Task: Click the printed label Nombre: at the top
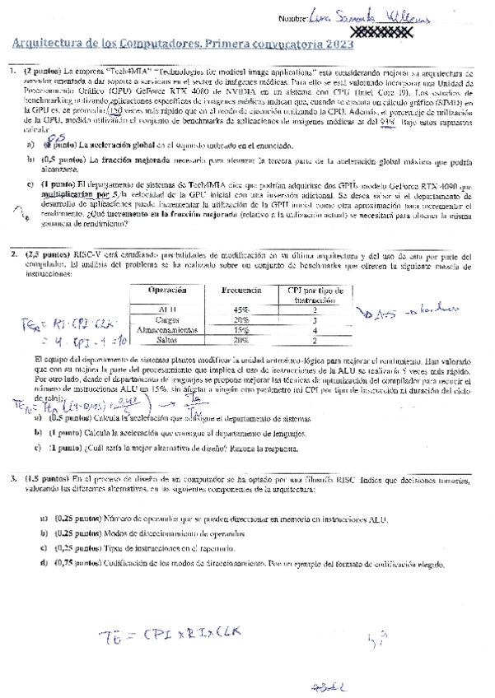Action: [293, 18]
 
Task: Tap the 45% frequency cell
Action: [241, 309]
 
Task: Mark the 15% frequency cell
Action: [241, 329]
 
